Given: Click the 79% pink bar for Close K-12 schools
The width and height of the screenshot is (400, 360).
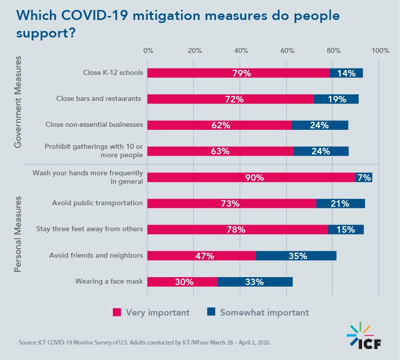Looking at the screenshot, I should tap(239, 73).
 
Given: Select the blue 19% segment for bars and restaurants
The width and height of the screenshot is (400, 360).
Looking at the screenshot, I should tap(336, 99).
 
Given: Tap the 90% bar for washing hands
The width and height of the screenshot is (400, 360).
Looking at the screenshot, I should tap(251, 177).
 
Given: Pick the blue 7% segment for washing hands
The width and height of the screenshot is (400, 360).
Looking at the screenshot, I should tap(364, 177).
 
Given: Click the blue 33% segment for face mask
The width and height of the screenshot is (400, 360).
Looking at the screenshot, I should tap(255, 282).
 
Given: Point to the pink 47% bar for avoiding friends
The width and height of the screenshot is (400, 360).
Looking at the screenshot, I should tap(202, 256).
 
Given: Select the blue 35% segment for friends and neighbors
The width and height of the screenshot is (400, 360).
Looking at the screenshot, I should tap(296, 256).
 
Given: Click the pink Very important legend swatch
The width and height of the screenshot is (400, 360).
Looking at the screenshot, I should tap(117, 313).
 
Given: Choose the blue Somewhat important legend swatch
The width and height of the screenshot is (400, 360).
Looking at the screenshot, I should tap(211, 313).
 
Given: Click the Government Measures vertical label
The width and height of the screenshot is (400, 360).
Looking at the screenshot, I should tap(18, 102).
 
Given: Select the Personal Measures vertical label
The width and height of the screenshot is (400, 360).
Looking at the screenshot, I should tap(18, 234).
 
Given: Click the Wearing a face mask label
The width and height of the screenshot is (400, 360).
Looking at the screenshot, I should tap(109, 281).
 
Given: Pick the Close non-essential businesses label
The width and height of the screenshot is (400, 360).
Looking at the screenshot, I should tap(94, 124).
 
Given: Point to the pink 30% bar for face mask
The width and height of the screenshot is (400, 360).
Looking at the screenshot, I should tap(183, 282).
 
